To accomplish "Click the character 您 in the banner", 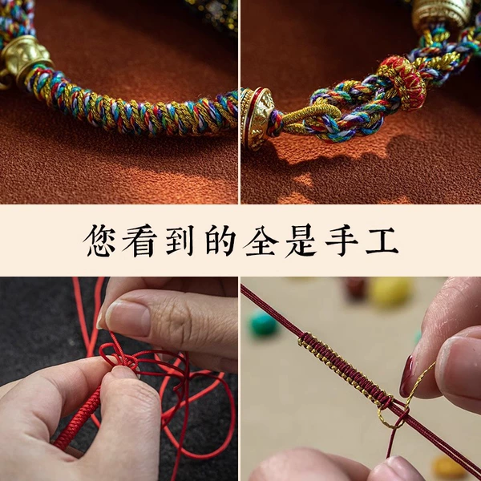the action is [99, 240].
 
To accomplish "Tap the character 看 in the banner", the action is [139, 240].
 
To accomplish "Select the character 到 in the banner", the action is [180, 240].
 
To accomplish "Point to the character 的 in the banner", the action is [220, 240].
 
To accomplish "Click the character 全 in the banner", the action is [261, 240].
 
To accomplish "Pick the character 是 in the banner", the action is [301, 240].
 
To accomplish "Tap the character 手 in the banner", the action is [342, 240].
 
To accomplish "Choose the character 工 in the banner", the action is [382, 240].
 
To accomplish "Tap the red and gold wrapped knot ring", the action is [402, 83].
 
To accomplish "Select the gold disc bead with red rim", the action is [257, 119].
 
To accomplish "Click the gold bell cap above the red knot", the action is [441, 14].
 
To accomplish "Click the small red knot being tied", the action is [119, 358].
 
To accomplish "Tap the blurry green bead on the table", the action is [263, 324].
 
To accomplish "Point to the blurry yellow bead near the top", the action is [389, 292].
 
